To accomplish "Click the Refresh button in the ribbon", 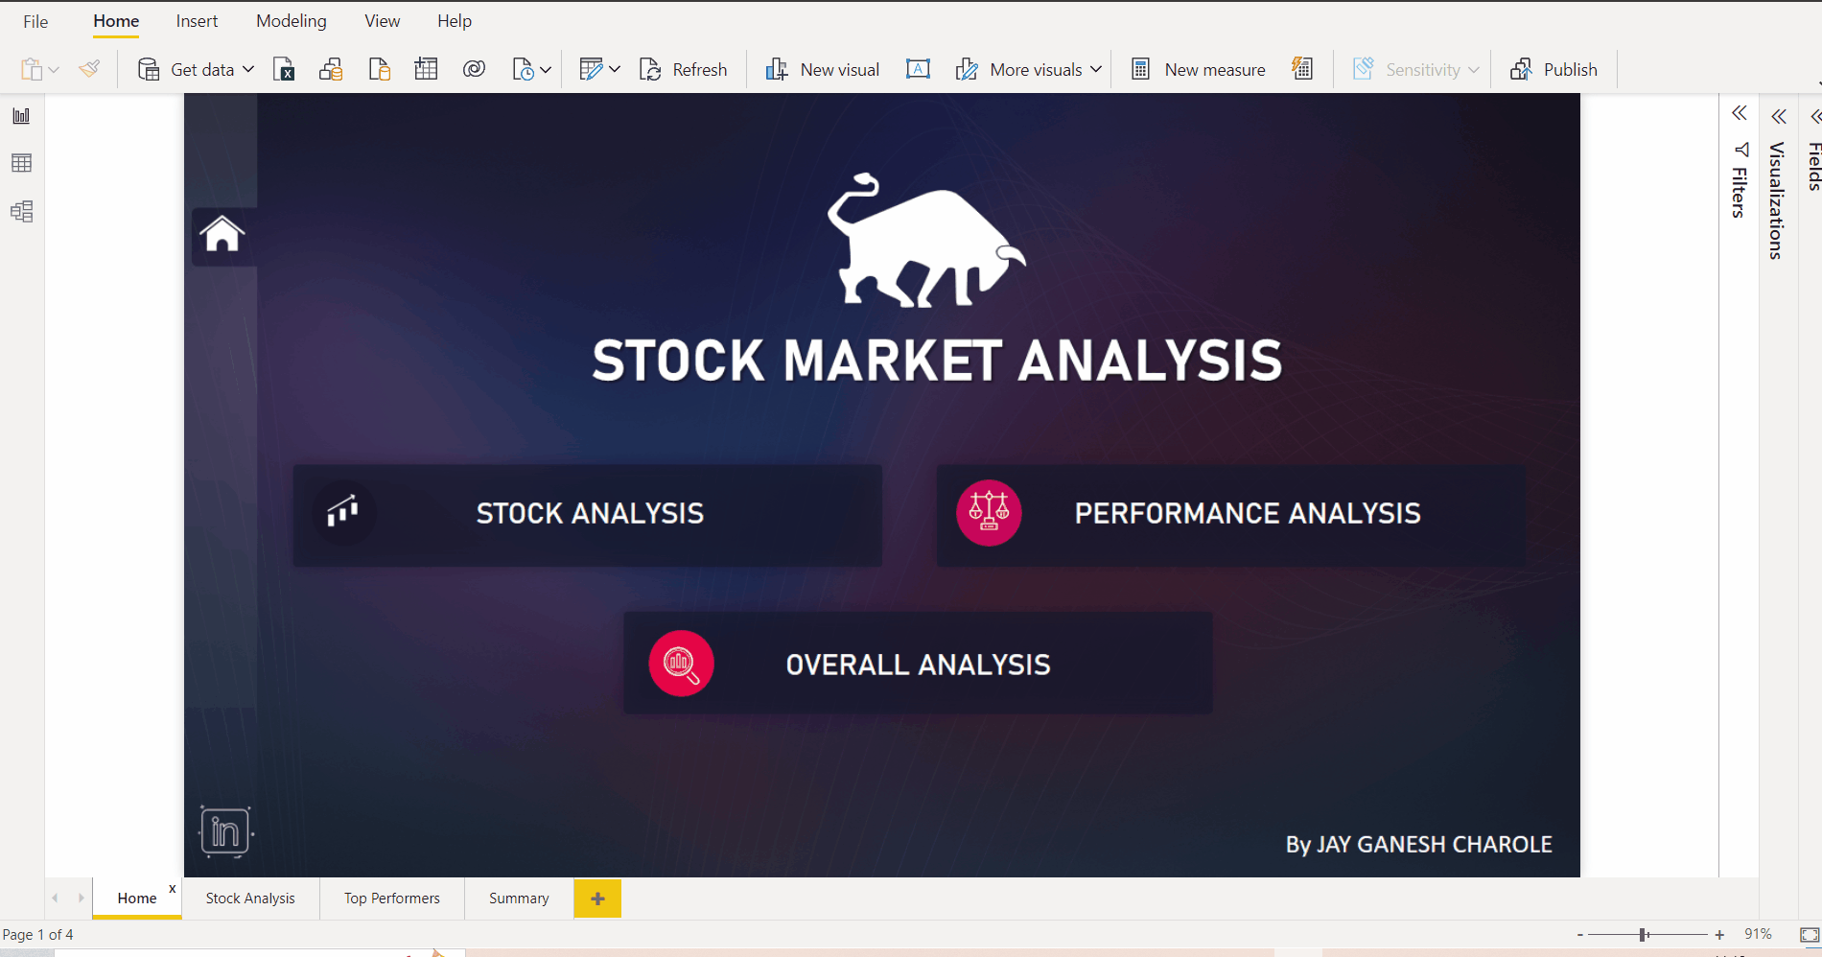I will pyautogui.click(x=684, y=70).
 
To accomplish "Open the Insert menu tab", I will pyautogui.click(x=197, y=21).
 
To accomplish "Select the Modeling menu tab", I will pyautogui.click(x=291, y=21).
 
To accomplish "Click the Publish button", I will pyautogui.click(x=1553, y=70).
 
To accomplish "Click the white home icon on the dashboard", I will pyautogui.click(x=222, y=234).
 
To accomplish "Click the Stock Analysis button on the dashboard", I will pyautogui.click(x=588, y=515).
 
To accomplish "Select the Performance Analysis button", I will pyautogui.click(x=1231, y=515).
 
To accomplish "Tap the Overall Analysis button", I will pyautogui.click(x=918, y=664).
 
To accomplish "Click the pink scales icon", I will pyautogui.click(x=989, y=512).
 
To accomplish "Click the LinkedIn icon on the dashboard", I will pyautogui.click(x=225, y=831).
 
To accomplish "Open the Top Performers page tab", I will pyautogui.click(x=391, y=899).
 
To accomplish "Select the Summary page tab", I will pyautogui.click(x=519, y=899).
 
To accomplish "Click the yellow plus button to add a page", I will pyautogui.click(x=597, y=899).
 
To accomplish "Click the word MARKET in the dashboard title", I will pyautogui.click(x=893, y=362).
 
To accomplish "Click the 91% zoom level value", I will pyautogui.click(x=1758, y=934).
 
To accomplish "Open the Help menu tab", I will pyautogui.click(x=455, y=21).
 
